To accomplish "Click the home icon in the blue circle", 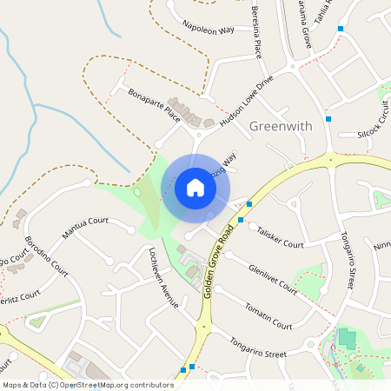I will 195,187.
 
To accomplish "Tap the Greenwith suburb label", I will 280,127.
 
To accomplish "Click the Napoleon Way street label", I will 209,30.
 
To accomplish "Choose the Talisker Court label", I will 281,237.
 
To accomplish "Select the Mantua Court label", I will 85,228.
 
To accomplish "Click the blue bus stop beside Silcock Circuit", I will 328,118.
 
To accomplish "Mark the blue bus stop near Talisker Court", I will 249,204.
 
